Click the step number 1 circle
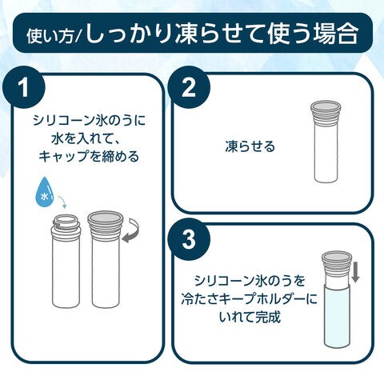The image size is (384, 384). pos(24,87)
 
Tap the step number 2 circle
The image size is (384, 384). pos(189,87)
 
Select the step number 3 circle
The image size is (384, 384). pos(189,239)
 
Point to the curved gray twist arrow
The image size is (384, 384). pos(131,231)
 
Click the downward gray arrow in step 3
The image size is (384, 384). pos(355,273)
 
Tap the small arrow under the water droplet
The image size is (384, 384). pos(62,202)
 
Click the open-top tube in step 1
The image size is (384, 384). pos(66,262)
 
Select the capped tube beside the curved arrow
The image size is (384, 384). pos(106,259)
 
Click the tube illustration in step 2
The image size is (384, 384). pos(326,142)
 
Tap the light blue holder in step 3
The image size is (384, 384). pos(337,316)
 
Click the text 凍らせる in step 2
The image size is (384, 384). pos(250,146)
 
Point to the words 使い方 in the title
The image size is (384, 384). pos(50,36)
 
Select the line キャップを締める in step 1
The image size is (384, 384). pos(89,156)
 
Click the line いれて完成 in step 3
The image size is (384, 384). pos(250,317)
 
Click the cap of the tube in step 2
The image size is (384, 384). pos(326,110)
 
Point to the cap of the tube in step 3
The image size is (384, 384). pos(336,261)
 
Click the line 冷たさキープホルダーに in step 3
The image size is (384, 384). pos(250,299)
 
